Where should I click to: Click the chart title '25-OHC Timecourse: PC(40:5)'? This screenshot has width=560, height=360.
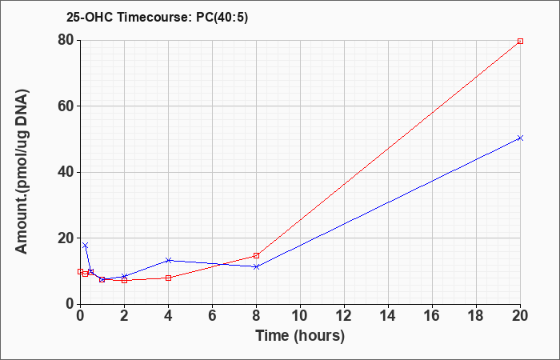click(x=157, y=17)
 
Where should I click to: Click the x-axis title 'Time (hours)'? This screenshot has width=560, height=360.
click(x=300, y=336)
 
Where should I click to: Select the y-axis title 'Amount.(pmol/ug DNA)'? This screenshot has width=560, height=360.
click(x=22, y=172)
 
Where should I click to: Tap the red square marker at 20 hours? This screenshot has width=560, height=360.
click(x=520, y=41)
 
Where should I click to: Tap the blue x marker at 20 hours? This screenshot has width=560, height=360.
click(x=520, y=138)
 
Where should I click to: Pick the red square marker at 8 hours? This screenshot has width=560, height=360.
click(x=257, y=255)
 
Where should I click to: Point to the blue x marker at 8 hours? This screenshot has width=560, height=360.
click(x=257, y=266)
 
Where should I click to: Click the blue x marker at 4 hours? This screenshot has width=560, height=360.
click(x=168, y=260)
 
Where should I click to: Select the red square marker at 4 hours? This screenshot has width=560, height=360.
click(x=168, y=278)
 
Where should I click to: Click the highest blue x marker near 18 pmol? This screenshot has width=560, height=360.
click(x=85, y=246)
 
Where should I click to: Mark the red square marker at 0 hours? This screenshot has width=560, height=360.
click(x=80, y=271)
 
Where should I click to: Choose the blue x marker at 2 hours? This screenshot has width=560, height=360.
click(x=124, y=276)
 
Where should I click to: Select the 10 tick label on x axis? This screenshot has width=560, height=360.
click(x=300, y=316)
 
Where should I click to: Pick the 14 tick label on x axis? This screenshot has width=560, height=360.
click(x=388, y=316)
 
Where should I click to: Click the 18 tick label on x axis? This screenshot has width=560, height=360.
click(x=477, y=316)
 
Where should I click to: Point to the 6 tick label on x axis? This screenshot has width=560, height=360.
click(x=213, y=316)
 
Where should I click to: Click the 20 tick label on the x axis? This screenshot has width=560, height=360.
click(x=519, y=316)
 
